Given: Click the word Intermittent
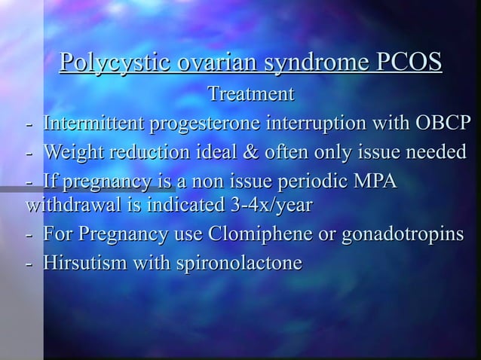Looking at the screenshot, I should [96, 123].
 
